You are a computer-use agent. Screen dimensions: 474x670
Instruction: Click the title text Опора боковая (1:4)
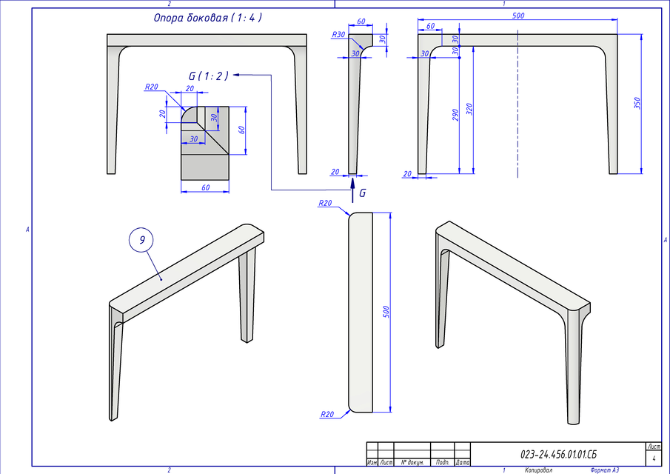(x=207, y=16)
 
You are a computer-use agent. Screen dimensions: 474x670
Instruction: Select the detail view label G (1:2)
(x=209, y=76)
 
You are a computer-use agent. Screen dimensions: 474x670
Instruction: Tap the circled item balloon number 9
(x=141, y=240)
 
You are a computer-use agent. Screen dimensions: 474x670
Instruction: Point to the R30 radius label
(x=338, y=35)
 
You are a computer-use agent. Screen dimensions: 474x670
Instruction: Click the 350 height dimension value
(x=637, y=103)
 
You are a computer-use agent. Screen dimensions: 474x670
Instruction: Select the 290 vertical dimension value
(x=455, y=115)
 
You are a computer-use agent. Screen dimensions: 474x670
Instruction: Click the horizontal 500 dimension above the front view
(x=518, y=16)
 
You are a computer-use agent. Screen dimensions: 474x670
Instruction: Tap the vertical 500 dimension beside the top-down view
(x=385, y=311)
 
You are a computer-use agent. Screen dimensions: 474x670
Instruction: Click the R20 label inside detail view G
(x=152, y=87)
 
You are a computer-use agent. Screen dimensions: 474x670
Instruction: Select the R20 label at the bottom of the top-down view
(x=326, y=414)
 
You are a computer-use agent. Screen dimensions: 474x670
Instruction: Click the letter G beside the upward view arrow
(x=362, y=193)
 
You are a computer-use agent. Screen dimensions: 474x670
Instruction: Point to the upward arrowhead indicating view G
(x=352, y=181)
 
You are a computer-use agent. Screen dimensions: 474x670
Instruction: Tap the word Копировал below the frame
(x=538, y=470)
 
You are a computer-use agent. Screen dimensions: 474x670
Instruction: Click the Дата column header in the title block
(x=462, y=462)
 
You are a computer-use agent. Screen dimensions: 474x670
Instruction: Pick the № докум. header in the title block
(x=412, y=462)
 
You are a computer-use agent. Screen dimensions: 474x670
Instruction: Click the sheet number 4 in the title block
(x=654, y=458)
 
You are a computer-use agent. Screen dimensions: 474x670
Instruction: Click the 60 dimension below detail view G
(x=205, y=188)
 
